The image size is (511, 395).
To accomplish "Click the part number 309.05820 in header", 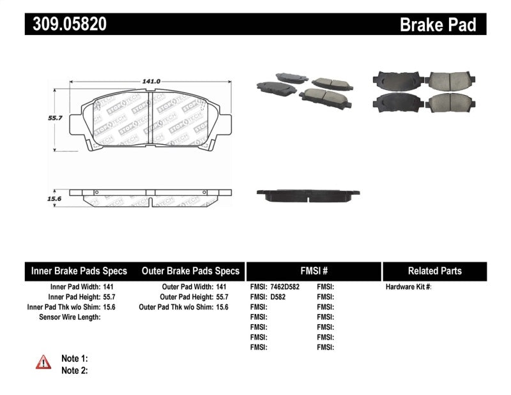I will click(x=66, y=24).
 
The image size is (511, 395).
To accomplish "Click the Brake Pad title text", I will click(x=438, y=24).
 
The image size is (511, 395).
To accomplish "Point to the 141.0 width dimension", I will click(x=151, y=81).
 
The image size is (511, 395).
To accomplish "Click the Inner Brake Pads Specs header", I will click(x=79, y=271).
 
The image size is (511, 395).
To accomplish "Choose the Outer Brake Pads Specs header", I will click(x=191, y=271).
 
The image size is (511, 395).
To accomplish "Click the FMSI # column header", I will click(x=313, y=271).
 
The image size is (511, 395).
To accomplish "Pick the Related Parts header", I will click(x=434, y=271).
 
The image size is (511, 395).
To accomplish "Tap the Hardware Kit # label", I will click(x=409, y=287).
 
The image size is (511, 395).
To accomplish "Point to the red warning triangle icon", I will click(x=43, y=362).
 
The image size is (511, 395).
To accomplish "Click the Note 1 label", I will click(x=74, y=359).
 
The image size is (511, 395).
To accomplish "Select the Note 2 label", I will click(x=74, y=370).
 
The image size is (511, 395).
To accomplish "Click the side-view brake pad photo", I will click(x=308, y=193).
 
